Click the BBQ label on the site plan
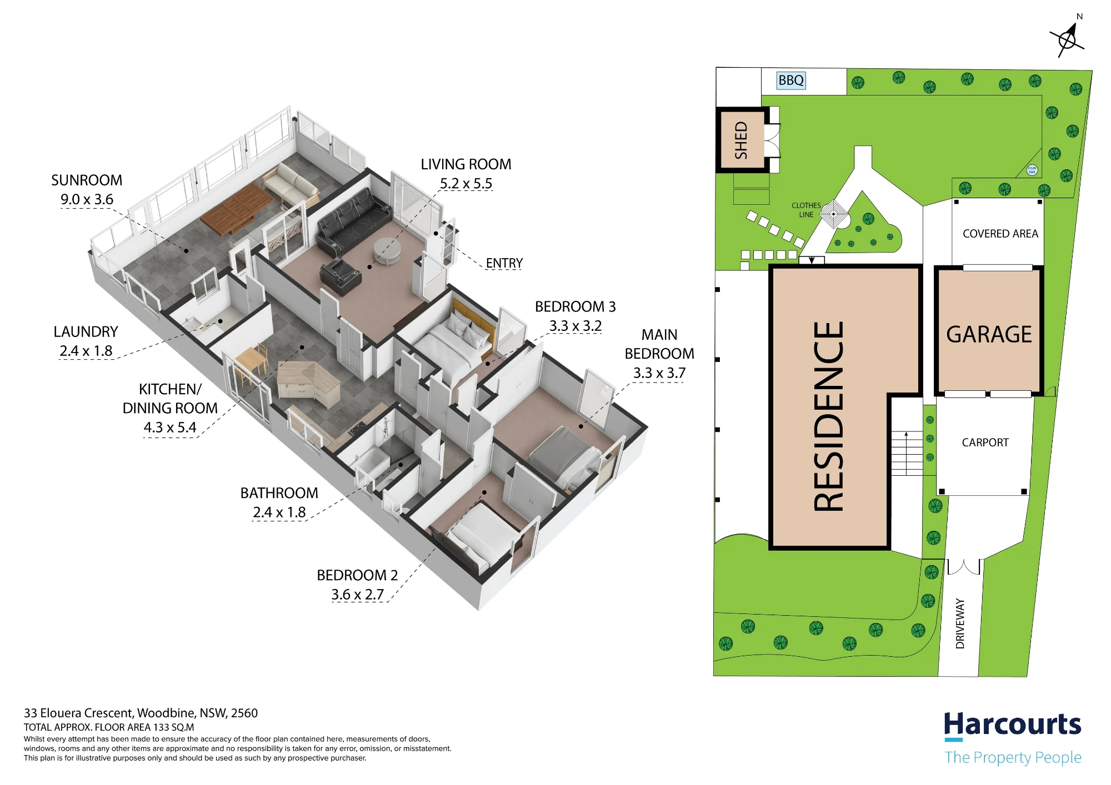click(x=790, y=80)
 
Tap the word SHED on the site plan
click(x=741, y=140)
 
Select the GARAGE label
click(x=989, y=335)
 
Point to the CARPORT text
click(x=985, y=442)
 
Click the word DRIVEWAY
click(x=960, y=623)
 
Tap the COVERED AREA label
click(x=1000, y=234)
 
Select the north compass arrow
click(x=1068, y=38)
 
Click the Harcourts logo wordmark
click(x=1013, y=725)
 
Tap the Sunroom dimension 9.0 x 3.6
click(x=87, y=199)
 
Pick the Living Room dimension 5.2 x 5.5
click(x=466, y=183)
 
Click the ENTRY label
click(x=504, y=263)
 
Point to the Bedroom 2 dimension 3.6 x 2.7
click(x=358, y=595)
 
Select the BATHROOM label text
click(x=279, y=493)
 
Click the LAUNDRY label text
click(x=86, y=332)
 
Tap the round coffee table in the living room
click(x=387, y=251)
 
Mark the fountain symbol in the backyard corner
click(x=1032, y=170)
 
